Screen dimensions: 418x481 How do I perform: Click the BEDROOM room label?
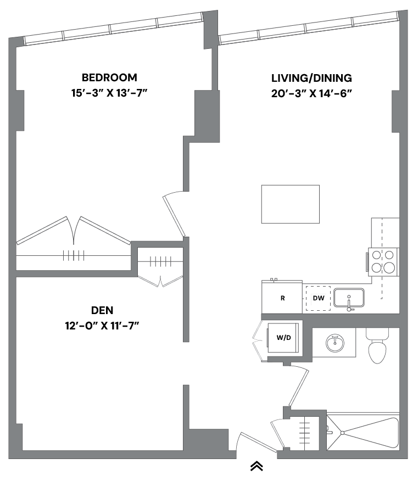tap(109, 77)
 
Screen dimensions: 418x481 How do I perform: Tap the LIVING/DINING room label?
tap(311, 78)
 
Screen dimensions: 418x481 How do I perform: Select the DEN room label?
tap(102, 310)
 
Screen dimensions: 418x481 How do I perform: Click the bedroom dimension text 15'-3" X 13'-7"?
tap(109, 93)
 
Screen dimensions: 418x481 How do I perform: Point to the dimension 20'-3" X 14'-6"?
tap(311, 93)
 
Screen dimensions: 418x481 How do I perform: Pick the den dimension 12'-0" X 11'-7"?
tap(102, 326)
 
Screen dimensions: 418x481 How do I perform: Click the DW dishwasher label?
tap(319, 299)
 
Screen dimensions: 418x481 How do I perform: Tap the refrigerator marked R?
tap(282, 298)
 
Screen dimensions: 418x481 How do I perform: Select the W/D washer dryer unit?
tap(284, 337)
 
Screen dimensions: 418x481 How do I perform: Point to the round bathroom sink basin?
tap(335, 343)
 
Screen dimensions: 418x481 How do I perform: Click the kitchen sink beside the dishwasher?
tap(349, 298)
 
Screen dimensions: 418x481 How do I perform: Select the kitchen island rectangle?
tap(290, 204)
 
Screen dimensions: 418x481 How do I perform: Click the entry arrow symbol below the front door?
tap(257, 466)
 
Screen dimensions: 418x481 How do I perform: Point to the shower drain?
tap(343, 433)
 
